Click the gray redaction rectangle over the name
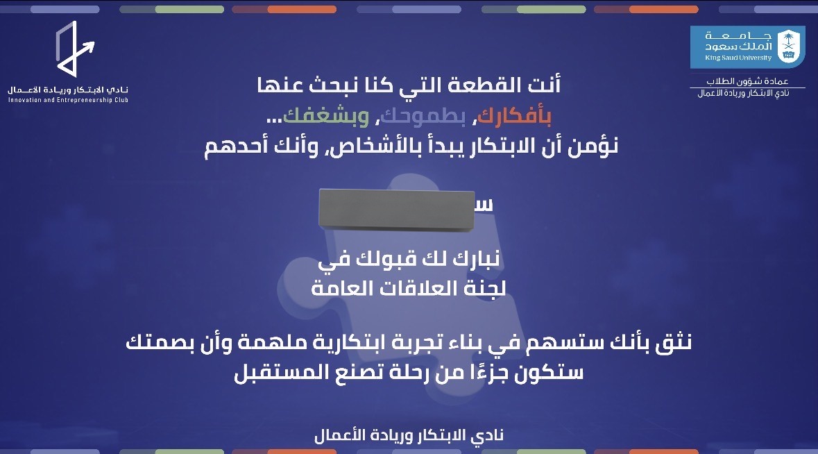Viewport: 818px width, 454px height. click(397, 209)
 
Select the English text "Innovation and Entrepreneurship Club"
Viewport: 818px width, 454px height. click(68, 100)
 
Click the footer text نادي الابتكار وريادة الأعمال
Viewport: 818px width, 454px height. click(409, 435)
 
